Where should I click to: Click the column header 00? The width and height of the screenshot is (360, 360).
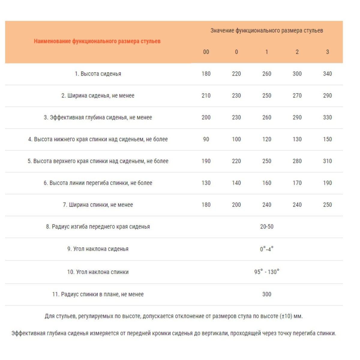point(206,52)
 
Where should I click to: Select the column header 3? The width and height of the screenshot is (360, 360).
point(327,52)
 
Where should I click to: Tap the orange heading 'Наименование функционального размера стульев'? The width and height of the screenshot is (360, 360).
point(97,41)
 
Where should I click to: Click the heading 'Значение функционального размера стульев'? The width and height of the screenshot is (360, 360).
point(267,30)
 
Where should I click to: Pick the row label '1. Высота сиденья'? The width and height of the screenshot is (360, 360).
point(98,74)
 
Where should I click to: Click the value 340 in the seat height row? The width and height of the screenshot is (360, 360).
point(327,74)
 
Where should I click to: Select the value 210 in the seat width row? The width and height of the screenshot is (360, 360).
point(206,96)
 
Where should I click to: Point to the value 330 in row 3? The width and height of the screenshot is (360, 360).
point(327,118)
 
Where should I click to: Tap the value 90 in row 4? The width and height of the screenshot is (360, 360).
point(206,139)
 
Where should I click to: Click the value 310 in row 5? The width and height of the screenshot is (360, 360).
point(327,161)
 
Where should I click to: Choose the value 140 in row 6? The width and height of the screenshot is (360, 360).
point(236,183)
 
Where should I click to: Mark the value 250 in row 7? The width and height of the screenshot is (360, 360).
point(327,205)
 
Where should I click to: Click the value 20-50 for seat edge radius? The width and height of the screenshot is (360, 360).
point(267,227)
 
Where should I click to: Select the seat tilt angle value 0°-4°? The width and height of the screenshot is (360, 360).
point(267,249)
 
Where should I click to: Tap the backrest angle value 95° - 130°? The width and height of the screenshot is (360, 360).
point(267,272)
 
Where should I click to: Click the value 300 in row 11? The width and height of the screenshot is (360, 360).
point(267,294)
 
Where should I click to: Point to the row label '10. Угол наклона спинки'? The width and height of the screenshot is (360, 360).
point(98,272)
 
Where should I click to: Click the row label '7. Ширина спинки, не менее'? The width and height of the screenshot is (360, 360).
point(98,205)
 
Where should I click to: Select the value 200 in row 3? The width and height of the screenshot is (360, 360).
point(206,118)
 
